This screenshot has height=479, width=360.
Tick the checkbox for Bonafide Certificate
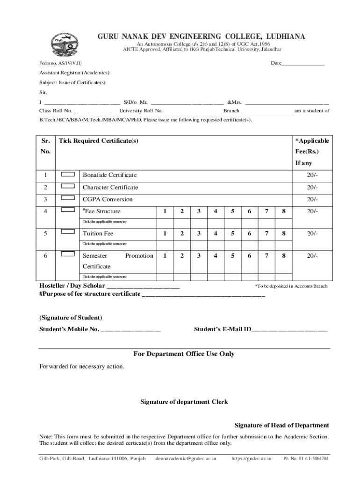coord(68,174)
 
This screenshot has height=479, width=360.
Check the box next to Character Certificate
coord(68,187)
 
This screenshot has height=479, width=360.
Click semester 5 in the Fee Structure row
coord(232,211)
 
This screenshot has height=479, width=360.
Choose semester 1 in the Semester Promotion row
coord(164,255)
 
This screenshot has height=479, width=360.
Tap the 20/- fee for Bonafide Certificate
coord(312,175)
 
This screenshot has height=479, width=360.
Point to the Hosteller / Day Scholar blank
coord(143,286)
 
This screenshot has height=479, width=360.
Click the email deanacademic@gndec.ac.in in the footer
coord(186,459)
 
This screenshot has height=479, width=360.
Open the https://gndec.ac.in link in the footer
coord(251,459)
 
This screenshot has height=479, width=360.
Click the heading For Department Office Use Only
coord(184,354)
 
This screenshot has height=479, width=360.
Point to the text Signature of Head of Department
coord(281,425)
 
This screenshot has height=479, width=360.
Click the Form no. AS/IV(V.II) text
coord(61,63)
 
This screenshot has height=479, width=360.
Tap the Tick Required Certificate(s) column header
coord(98,141)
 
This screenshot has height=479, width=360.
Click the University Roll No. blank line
coord(193,111)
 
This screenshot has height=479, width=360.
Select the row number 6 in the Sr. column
coord(45,255)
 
